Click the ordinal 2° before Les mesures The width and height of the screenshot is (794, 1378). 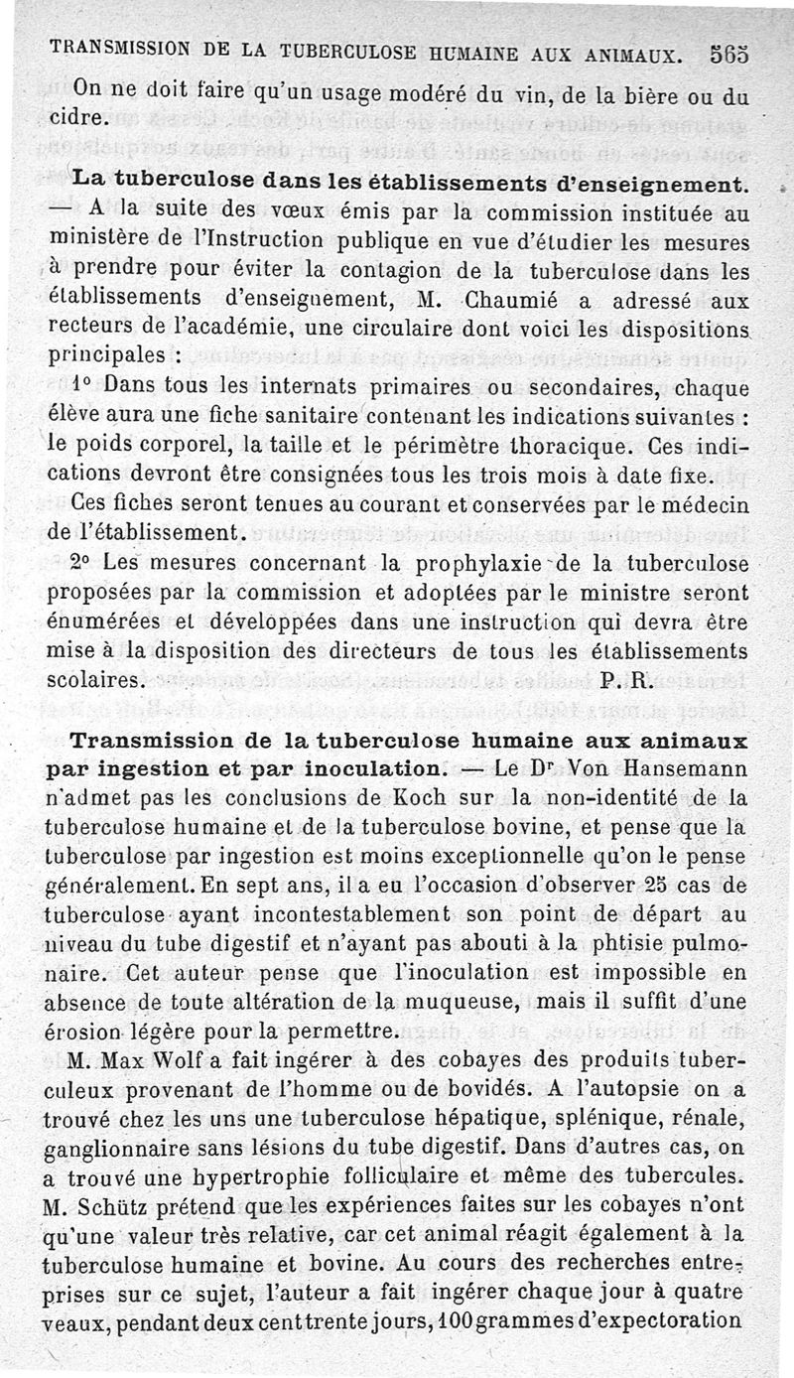tap(82, 563)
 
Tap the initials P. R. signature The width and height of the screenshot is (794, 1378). tap(626, 681)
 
